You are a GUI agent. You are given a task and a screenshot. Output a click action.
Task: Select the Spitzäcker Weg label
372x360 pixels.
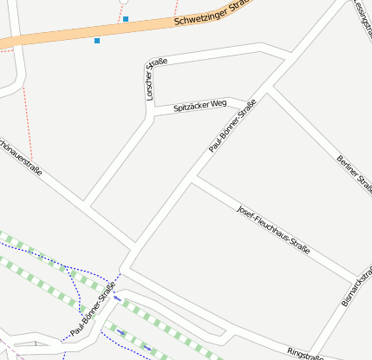[x=199, y=105]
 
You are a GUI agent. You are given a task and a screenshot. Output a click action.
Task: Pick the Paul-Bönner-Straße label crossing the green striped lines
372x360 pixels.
[x=93, y=310]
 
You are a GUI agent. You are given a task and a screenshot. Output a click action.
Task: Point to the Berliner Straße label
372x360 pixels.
[x=353, y=173]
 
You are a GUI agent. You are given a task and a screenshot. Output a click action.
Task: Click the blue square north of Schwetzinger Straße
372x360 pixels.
[x=126, y=18]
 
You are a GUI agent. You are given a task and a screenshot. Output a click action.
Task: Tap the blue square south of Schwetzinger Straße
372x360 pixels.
[x=97, y=41]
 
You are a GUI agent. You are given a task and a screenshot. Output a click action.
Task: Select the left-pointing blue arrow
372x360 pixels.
[x=117, y=298]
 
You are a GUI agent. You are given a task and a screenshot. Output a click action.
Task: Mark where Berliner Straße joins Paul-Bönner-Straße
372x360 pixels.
[x=268, y=88]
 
